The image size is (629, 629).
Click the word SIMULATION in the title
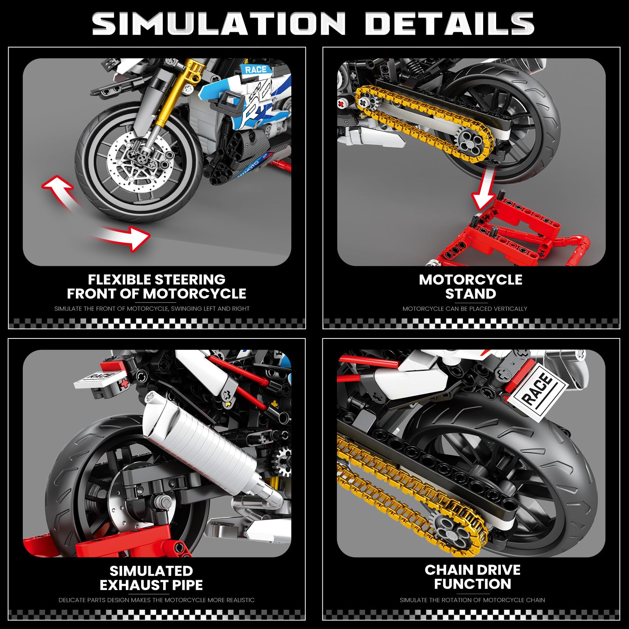click(219, 23)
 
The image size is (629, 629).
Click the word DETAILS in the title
click(450, 23)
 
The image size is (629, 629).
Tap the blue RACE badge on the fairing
click(256, 70)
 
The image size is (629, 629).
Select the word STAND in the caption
click(471, 294)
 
